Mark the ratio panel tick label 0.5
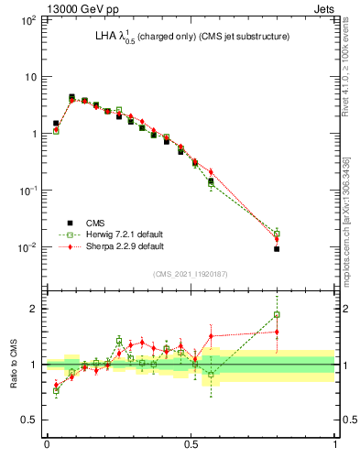coord(30,420)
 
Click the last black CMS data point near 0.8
coord(277,248)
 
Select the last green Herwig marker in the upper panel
coord(277,234)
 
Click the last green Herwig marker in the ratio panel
coord(277,315)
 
